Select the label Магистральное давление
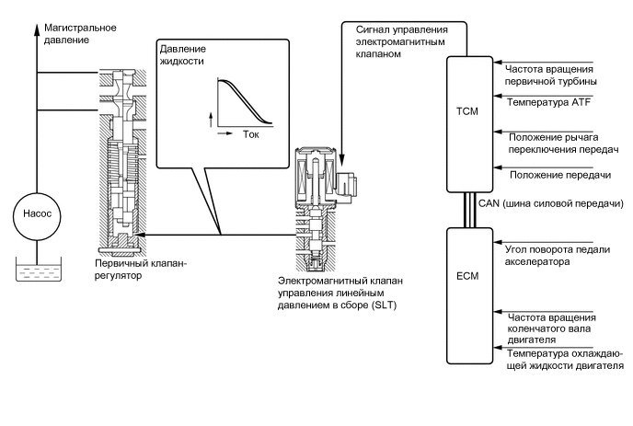pos(80,34)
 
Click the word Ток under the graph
pos(250,134)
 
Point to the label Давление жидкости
pos(182,55)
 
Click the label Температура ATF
pos(548,102)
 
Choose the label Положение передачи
pos(560,175)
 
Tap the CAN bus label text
pos(551,203)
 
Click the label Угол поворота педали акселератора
pos(558,256)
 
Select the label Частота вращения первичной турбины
pos(550,75)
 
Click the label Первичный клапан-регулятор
pos(141,270)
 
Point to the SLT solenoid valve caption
pos(340,293)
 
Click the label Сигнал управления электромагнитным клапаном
pos(402,41)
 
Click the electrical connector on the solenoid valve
pos(346,187)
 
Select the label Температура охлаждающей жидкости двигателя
pos(565,360)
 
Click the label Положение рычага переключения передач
pos(563,144)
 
